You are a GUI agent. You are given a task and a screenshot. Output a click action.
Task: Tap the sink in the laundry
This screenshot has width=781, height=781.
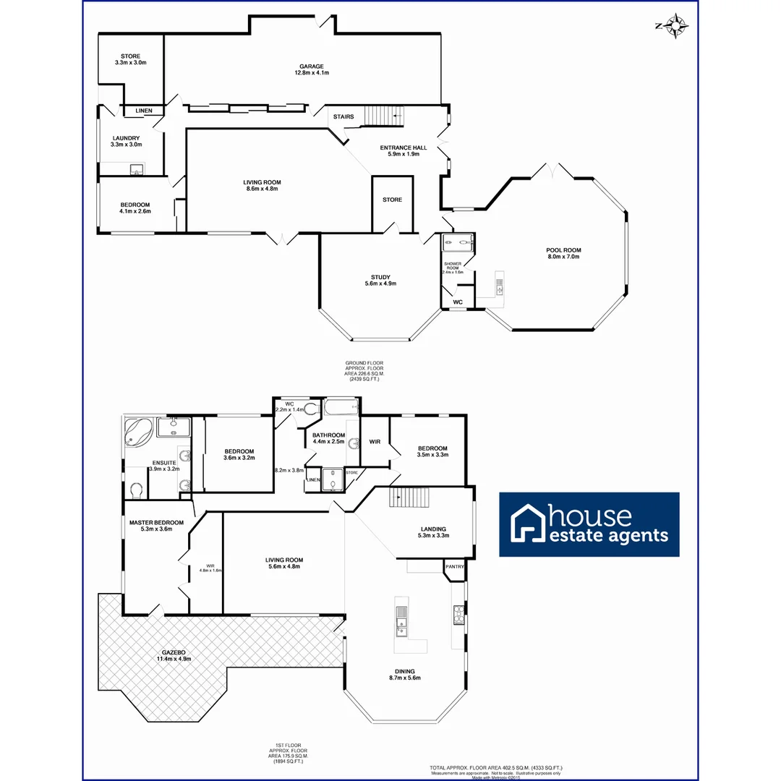click(x=136, y=170)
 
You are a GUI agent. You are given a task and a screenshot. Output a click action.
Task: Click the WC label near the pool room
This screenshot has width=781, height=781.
click(x=457, y=302)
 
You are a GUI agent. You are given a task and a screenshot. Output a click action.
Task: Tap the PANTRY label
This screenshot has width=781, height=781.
click(x=454, y=567)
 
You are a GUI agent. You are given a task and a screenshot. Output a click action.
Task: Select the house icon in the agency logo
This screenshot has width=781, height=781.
click(x=527, y=524)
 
